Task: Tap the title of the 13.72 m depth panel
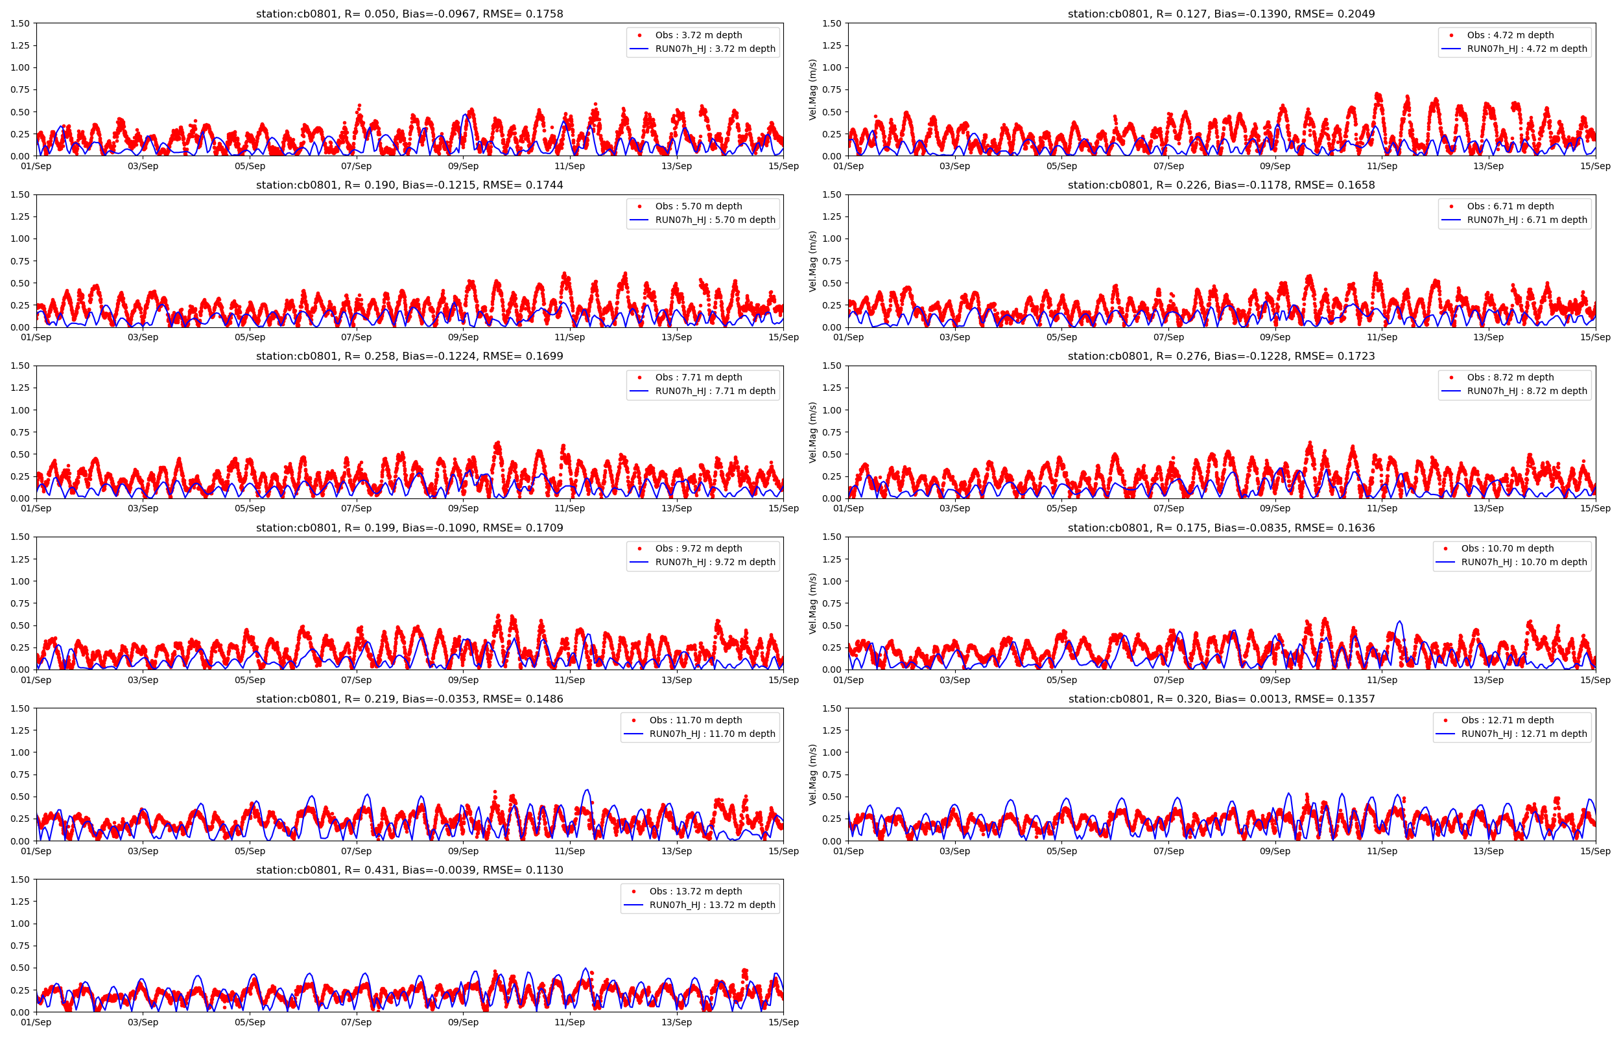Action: click(409, 870)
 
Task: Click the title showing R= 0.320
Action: click(1221, 699)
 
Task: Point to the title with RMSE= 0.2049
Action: click(1221, 14)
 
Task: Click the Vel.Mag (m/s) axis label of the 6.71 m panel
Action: click(813, 261)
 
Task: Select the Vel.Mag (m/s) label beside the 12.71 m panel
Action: click(813, 775)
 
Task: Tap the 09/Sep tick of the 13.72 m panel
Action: click(463, 1022)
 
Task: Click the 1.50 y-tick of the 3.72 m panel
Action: click(20, 23)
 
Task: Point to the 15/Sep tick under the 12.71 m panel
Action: click(1594, 851)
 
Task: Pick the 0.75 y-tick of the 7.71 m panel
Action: click(20, 432)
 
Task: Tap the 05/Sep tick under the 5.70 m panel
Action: click(250, 338)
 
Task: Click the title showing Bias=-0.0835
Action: click(1221, 528)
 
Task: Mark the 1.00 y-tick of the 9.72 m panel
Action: click(20, 581)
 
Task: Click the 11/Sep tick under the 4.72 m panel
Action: click(1381, 167)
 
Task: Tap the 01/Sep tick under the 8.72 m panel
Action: click(848, 508)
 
